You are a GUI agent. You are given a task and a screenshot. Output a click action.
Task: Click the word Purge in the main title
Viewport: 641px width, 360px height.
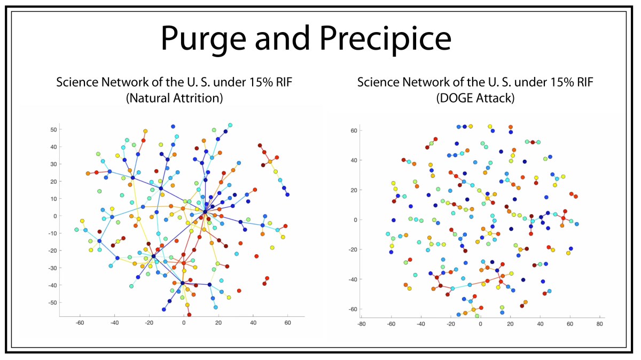tap(204, 38)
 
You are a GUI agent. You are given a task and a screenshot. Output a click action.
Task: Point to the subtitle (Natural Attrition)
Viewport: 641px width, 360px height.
tap(174, 98)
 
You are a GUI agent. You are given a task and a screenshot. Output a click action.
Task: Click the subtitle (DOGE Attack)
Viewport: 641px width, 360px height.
tap(475, 98)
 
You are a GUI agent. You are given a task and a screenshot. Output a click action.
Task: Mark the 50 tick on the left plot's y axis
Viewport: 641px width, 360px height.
tap(54, 130)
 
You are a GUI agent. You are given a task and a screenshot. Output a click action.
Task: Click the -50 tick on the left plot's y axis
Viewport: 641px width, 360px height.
tap(53, 303)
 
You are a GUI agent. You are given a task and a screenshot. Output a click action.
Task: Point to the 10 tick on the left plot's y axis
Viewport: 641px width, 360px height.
tap(54, 199)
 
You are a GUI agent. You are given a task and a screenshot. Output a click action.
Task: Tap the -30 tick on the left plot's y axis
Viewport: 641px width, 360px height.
tap(53, 268)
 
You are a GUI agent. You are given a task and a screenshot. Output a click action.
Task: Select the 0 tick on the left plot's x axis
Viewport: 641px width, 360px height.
tap(184, 323)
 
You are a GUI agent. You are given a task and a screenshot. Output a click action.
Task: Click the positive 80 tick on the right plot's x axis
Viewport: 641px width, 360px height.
tap(599, 324)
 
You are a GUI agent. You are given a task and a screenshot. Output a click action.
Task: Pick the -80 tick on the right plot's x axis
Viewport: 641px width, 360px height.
tap(362, 324)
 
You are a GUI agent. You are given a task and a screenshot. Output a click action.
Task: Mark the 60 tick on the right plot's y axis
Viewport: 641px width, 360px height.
tap(354, 130)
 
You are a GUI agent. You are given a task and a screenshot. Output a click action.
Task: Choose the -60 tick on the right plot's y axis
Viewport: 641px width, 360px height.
tap(353, 309)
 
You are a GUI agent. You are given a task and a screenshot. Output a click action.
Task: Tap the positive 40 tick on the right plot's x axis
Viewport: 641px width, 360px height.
tap(540, 324)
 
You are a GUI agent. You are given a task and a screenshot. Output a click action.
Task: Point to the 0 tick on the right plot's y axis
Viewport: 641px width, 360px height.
tap(355, 220)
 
